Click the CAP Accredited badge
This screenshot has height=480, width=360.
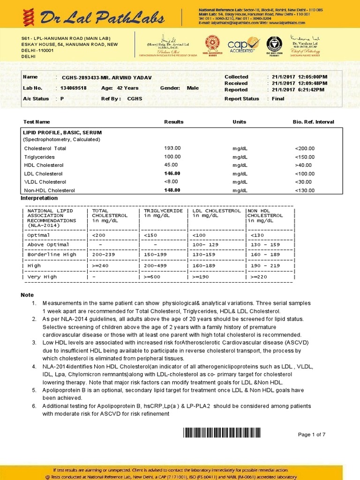click(x=243, y=45)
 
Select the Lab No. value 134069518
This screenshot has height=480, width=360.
click(x=74, y=88)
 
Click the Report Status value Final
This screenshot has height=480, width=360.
click(x=278, y=99)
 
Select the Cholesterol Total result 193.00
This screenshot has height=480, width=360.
click(x=172, y=148)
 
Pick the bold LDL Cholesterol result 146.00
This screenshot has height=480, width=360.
click(x=172, y=173)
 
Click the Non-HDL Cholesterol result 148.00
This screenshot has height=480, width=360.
click(x=172, y=190)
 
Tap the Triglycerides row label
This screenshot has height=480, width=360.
click(x=39, y=157)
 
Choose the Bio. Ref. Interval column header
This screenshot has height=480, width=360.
click(x=313, y=122)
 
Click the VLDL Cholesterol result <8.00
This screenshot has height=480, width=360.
click(x=171, y=181)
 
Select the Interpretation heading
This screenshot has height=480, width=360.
click(x=39, y=198)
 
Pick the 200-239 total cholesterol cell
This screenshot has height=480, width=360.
click(x=104, y=255)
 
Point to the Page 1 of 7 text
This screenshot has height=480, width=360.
click(x=311, y=435)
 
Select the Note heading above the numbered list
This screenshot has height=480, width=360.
click(x=27, y=295)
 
